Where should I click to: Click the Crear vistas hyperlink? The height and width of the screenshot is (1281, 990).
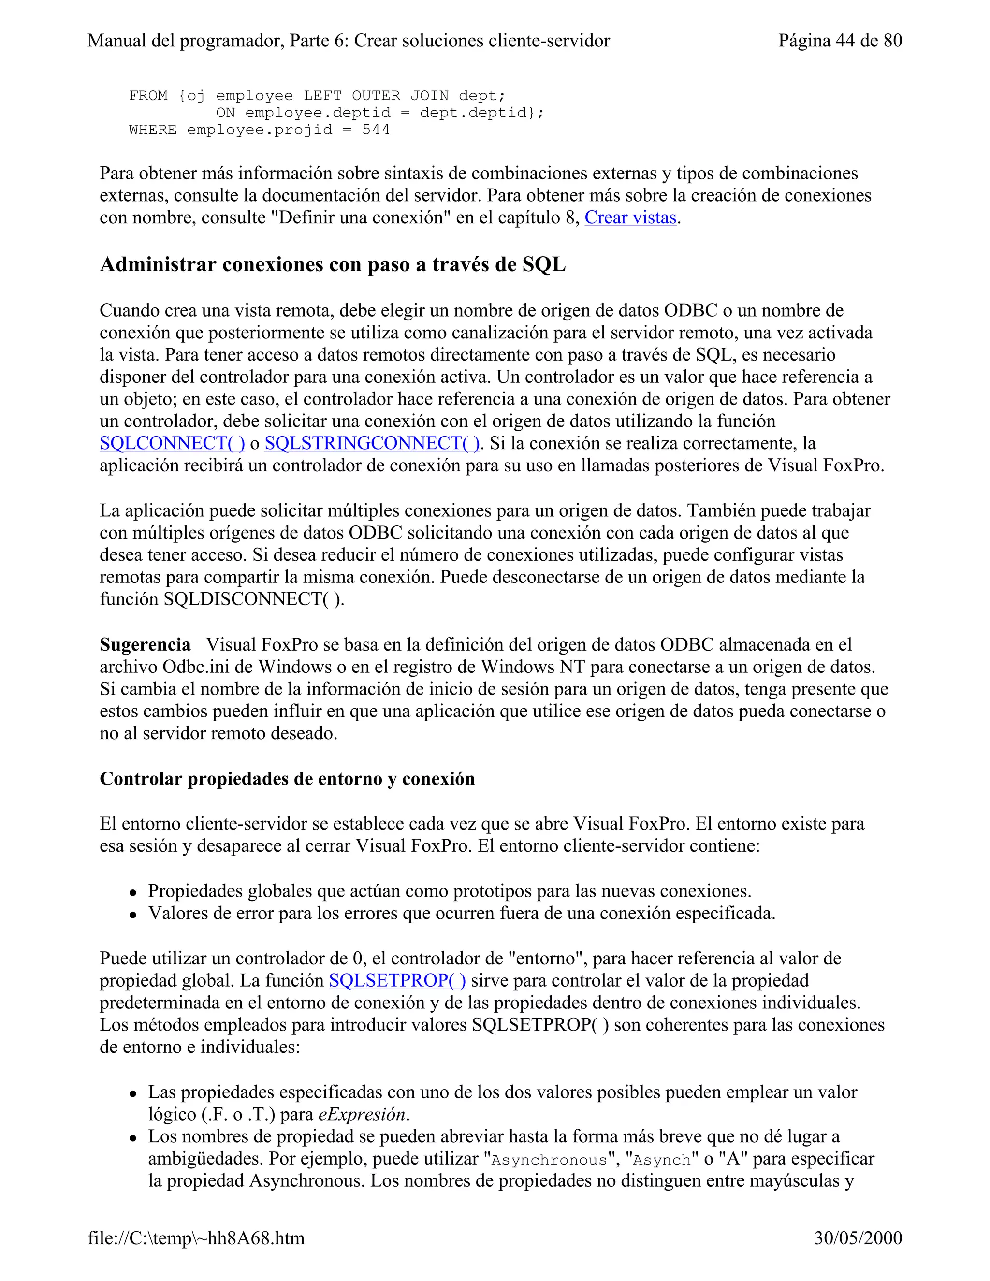pyautogui.click(x=630, y=218)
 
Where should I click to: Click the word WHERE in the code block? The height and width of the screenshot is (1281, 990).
pyautogui.click(x=152, y=130)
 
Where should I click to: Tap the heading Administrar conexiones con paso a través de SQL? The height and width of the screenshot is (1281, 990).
pyautogui.click(x=333, y=264)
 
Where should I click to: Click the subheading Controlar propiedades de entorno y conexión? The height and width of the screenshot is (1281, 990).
pyautogui.click(x=287, y=778)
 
